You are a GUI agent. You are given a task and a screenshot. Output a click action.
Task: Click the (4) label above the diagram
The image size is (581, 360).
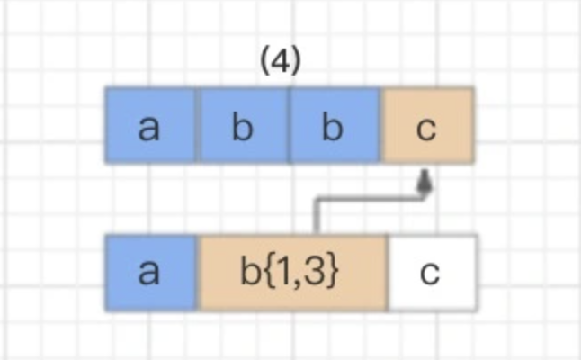click(280, 62)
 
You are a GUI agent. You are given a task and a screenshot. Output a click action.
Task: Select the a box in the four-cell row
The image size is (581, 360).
click(150, 125)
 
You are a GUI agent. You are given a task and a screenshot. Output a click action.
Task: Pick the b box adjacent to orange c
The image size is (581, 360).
click(334, 125)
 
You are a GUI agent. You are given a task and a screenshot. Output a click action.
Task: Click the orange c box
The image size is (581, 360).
click(427, 125)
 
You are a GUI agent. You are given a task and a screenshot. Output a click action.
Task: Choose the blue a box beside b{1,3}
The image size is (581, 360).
click(150, 273)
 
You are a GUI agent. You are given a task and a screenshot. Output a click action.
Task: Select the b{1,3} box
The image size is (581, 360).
click(290, 273)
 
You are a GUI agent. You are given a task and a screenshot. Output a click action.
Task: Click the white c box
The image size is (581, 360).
click(431, 273)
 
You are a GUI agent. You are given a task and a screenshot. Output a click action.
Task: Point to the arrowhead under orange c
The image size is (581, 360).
click(425, 183)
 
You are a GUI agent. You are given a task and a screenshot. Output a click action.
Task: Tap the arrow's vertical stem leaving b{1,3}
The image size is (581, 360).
click(315, 218)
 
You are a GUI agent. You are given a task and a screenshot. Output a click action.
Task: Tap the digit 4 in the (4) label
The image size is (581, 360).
click(280, 62)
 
